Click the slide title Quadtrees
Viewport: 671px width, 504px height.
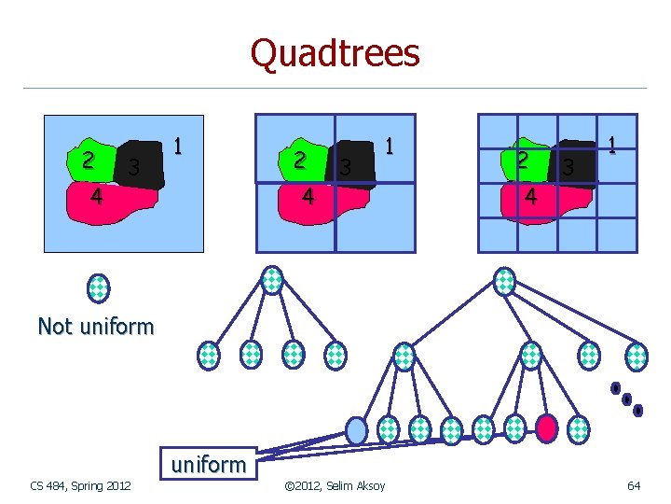coord(335,52)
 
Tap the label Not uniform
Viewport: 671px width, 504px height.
coord(95,326)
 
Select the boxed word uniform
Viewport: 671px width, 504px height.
coord(208,464)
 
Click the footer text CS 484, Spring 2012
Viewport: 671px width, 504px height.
coord(80,485)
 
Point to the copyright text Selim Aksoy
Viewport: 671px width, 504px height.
coord(335,485)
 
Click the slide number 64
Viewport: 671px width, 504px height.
coord(634,485)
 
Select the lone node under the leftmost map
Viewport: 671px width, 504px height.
coord(98,288)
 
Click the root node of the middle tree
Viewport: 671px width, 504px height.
coord(271,279)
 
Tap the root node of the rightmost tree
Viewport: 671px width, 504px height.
coord(504,280)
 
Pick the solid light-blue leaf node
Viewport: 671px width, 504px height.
coord(357,428)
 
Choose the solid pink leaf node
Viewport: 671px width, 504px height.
coord(546,427)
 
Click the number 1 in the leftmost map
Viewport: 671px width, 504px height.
coord(177,147)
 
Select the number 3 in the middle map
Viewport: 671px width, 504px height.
coord(345,169)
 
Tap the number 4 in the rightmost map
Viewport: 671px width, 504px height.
coord(529,197)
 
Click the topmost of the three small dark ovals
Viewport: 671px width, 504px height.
coord(615,388)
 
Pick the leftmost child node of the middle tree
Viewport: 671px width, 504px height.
coord(210,355)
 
